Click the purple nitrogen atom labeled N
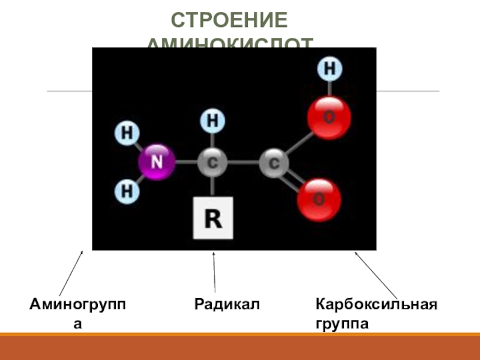pyautogui.click(x=157, y=162)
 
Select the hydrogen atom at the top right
pyautogui.click(x=329, y=69)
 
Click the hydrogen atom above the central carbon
pyautogui.click(x=212, y=121)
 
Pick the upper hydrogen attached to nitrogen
pyautogui.click(x=127, y=133)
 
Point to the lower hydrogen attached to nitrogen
pyautogui.click(x=127, y=191)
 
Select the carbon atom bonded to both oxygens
pyautogui.click(x=274, y=163)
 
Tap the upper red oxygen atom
pyautogui.click(x=329, y=117)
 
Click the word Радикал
pyautogui.click(x=226, y=305)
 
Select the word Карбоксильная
pyautogui.click(x=376, y=305)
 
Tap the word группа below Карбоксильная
pyautogui.click(x=341, y=324)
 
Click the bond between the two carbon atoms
pyautogui.click(x=243, y=163)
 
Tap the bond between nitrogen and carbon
pyautogui.click(x=186, y=162)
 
